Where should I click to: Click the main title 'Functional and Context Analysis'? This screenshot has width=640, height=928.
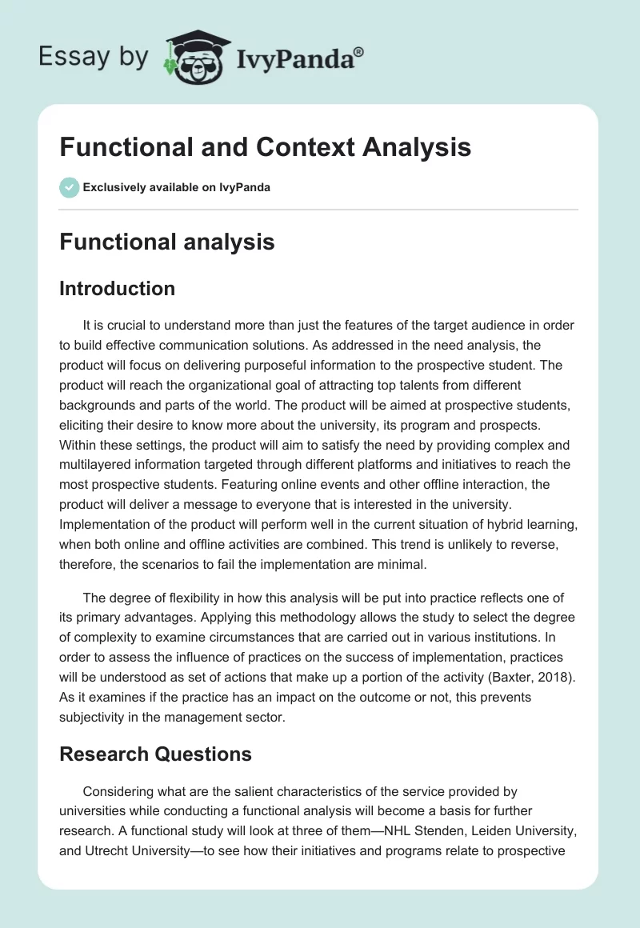265,148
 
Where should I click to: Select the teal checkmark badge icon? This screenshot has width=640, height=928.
69,187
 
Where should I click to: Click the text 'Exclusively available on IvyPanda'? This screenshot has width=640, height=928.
177,187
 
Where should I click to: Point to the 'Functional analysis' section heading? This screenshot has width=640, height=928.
166,241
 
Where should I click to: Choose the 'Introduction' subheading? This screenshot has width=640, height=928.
117,288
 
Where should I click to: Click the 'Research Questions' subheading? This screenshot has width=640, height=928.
155,754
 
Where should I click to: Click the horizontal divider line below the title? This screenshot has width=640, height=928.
318,210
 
